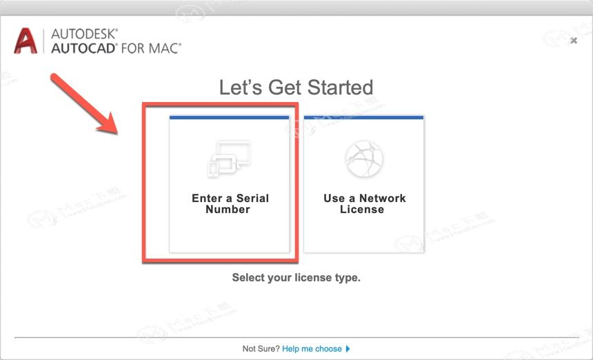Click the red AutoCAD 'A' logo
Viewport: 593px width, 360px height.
[x=26, y=41]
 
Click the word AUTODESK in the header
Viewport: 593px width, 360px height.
[x=84, y=34]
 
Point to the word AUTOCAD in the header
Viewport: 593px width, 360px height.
[x=83, y=48]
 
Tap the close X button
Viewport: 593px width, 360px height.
[x=574, y=41]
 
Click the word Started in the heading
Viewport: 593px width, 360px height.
[x=340, y=88]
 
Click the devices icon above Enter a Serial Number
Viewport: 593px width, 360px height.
[x=229, y=159]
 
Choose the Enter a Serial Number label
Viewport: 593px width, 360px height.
[x=230, y=204]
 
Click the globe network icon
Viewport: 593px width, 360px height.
[x=364, y=159]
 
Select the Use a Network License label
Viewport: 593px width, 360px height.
[x=364, y=204]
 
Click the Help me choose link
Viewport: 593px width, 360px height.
[x=312, y=349]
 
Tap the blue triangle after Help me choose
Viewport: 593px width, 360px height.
[x=348, y=349]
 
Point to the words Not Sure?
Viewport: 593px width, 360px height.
[x=261, y=349]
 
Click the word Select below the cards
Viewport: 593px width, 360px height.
[x=248, y=277]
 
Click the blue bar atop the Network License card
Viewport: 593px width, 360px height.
[x=364, y=118]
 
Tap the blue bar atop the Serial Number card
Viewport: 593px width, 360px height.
[x=230, y=118]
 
